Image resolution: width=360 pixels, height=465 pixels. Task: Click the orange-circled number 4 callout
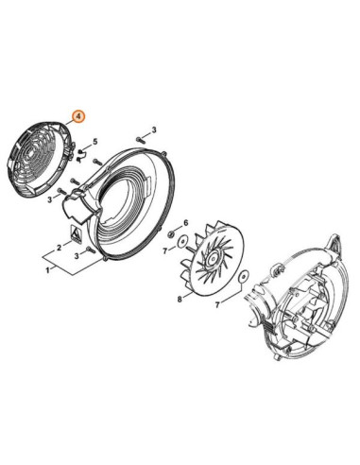coord(78,116)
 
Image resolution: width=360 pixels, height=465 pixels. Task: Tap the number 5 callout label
coord(95,141)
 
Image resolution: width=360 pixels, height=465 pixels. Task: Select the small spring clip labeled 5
coord(81,155)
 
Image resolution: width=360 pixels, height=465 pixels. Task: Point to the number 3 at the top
coord(154,129)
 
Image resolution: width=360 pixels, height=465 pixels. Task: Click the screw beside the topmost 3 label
coord(140,138)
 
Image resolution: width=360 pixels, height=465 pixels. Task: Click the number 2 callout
coord(60,248)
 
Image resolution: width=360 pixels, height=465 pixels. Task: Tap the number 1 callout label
coord(47,270)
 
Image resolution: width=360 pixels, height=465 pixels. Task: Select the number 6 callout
coord(186,223)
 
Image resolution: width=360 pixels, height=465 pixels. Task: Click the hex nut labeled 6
coord(172,233)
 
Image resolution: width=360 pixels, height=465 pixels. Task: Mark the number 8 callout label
coord(180,299)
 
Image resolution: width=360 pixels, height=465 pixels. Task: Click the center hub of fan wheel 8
coord(214,257)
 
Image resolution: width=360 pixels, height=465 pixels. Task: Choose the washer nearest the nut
coord(182,242)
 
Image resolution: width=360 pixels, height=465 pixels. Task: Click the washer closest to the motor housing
coord(244,277)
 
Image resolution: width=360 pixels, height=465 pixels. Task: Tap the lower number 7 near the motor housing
coord(217,304)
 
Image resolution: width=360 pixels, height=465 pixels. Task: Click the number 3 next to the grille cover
coord(49,199)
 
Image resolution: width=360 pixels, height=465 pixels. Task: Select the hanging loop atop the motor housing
coord(334,244)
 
